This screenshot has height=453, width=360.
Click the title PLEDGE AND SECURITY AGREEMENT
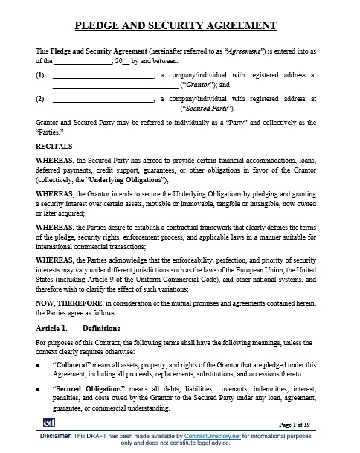179,26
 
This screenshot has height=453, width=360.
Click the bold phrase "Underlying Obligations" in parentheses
130,179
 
